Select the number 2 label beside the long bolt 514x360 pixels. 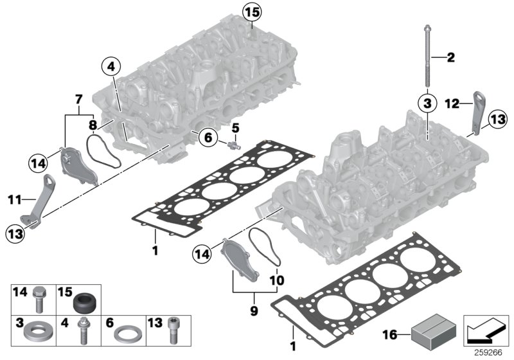point(450,59)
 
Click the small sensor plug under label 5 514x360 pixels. point(231,145)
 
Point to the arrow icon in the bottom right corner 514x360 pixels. point(485,332)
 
